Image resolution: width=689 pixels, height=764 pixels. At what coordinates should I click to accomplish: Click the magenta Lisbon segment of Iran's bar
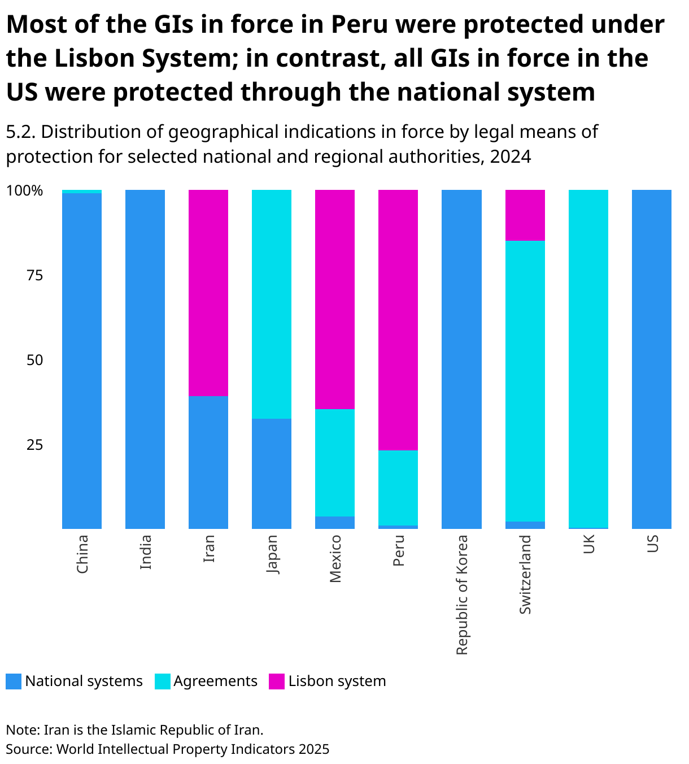[x=208, y=293]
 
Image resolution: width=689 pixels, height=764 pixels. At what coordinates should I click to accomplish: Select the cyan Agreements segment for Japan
[x=271, y=304]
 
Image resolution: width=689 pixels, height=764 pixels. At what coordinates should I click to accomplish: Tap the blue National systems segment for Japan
[x=271, y=474]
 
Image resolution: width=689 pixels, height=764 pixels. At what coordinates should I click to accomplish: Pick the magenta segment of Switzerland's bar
[x=525, y=215]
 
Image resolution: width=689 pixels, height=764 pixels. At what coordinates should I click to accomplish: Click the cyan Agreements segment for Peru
[x=398, y=488]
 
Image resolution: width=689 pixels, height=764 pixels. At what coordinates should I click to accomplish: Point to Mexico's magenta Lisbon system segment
[x=334, y=299]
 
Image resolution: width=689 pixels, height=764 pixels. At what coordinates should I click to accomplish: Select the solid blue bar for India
[x=145, y=359]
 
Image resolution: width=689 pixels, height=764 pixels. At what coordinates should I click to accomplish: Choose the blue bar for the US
[x=651, y=359]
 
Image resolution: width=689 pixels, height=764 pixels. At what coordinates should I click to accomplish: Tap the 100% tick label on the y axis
[x=24, y=191]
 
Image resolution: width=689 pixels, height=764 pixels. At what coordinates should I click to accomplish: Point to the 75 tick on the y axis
[x=34, y=275]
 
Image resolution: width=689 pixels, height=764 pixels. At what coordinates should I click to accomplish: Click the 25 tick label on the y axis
[x=34, y=445]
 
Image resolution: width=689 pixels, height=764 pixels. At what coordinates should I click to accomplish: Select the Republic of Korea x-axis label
[x=462, y=594]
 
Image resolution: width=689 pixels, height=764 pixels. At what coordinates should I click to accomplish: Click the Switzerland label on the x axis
[x=525, y=575]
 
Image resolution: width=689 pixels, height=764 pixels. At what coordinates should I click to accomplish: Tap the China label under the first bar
[x=82, y=554]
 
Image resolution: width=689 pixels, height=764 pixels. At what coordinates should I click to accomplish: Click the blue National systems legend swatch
[x=14, y=681]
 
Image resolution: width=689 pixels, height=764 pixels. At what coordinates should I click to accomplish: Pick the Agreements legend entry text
[x=215, y=681]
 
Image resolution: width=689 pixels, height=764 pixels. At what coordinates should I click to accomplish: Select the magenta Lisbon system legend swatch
[x=277, y=681]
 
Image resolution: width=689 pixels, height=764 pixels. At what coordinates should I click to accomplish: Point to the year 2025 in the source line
[x=314, y=749]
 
